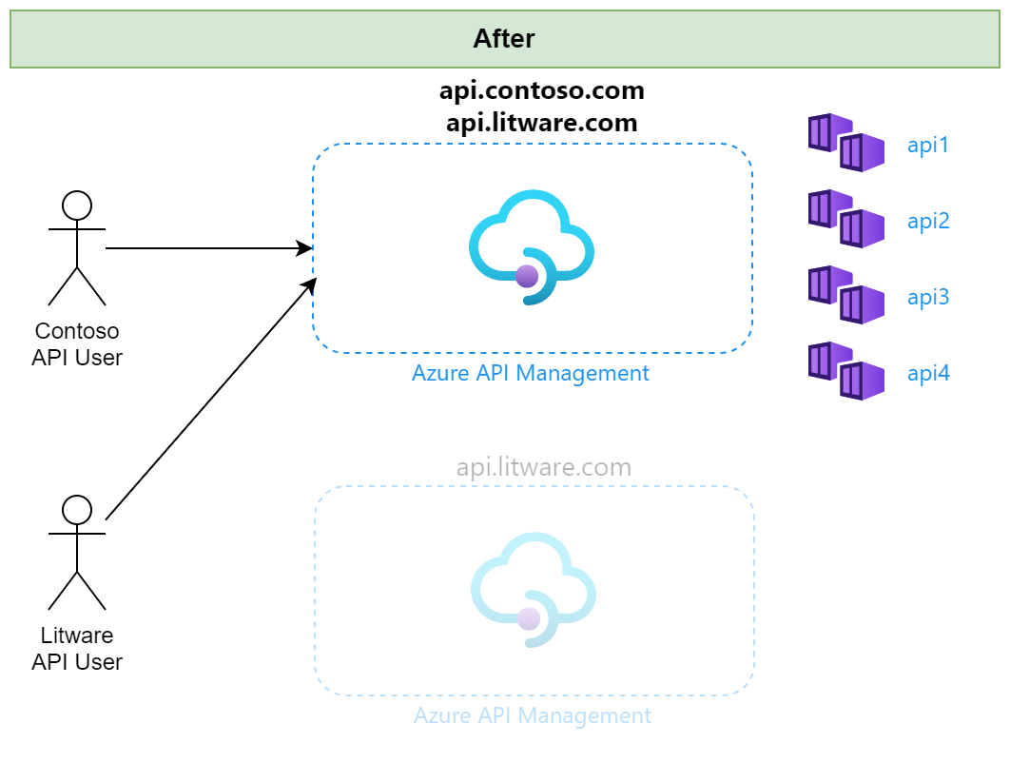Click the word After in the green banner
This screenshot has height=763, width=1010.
pyautogui.click(x=504, y=39)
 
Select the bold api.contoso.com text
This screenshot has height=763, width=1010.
pyautogui.click(x=542, y=91)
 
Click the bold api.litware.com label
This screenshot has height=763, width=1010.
pyautogui.click(x=542, y=123)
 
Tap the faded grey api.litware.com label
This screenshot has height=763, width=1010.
pyautogui.click(x=544, y=467)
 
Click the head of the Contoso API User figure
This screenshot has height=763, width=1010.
pyautogui.click(x=77, y=205)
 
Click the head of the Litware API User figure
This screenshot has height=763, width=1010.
pyautogui.click(x=77, y=510)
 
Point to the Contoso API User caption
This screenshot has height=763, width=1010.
pyautogui.click(x=77, y=344)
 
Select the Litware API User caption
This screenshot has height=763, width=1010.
pyautogui.click(x=77, y=649)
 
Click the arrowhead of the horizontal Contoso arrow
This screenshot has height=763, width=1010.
pyautogui.click(x=304, y=248)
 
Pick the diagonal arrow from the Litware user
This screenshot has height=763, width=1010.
pyautogui.click(x=211, y=399)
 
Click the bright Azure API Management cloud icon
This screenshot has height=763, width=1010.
pyautogui.click(x=532, y=246)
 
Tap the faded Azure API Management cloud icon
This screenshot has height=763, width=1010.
pyautogui.click(x=534, y=590)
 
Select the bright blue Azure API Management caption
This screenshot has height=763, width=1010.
pyautogui.click(x=531, y=374)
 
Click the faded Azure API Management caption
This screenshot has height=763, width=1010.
pyautogui.click(x=533, y=716)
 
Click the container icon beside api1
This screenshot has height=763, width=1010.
pyautogui.click(x=846, y=143)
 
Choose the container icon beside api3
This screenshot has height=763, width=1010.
pyautogui.click(x=846, y=295)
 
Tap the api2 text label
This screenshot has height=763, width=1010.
pyautogui.click(x=928, y=221)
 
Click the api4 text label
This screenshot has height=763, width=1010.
pyautogui.click(x=928, y=373)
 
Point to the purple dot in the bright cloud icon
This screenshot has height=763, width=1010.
pyautogui.click(x=527, y=277)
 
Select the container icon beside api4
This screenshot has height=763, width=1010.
pyautogui.click(x=846, y=370)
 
